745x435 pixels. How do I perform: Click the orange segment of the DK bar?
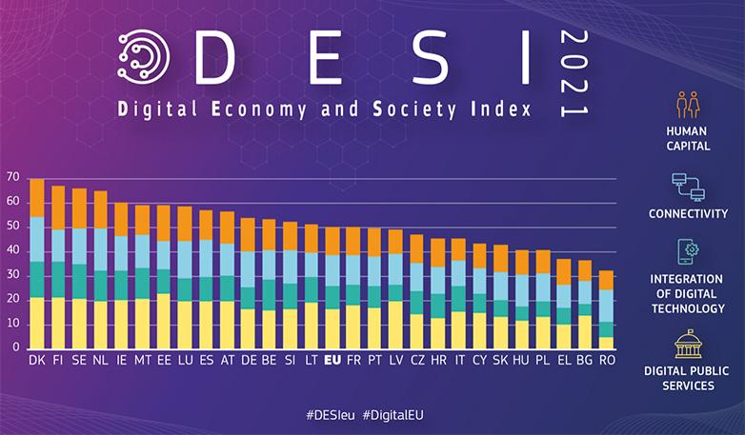click(37, 198)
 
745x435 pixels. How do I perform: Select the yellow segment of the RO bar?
click(606, 343)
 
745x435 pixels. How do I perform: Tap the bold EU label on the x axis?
click(332, 362)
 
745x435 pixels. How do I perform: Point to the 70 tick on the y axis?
click(12, 178)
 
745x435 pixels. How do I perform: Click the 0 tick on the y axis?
click(16, 348)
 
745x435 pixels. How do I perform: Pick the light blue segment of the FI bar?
click(58, 245)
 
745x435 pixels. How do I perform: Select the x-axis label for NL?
click(100, 362)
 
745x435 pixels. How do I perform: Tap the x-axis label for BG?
click(585, 362)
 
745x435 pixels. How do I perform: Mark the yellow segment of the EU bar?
click(332, 328)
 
